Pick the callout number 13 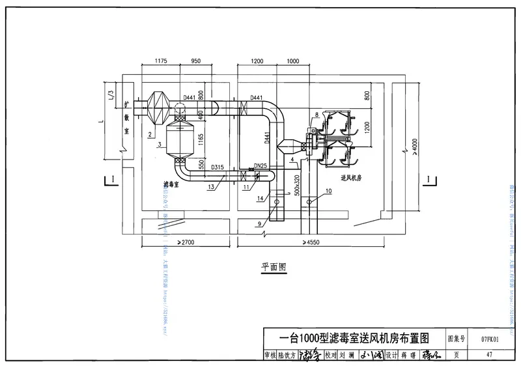(211, 186)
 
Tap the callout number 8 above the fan (315, 115)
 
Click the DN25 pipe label (260, 166)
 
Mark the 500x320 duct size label (296, 186)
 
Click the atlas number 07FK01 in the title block (490, 339)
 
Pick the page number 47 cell (490, 355)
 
